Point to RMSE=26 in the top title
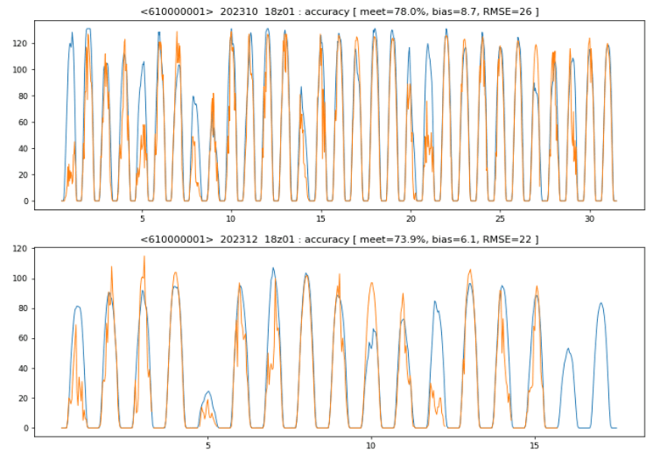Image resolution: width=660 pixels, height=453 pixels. coord(510,11)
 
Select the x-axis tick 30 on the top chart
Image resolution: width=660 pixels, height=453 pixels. coord(590,218)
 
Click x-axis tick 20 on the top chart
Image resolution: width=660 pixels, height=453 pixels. coord(411,218)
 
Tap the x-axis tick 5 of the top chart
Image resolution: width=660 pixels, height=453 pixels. coord(141,218)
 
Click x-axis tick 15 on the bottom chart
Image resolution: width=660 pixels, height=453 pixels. coord(535,445)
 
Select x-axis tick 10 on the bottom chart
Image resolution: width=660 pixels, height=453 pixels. coord(371,445)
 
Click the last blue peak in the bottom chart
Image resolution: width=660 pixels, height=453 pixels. coord(600,303)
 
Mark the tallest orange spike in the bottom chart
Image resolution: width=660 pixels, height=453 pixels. coord(144,256)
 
